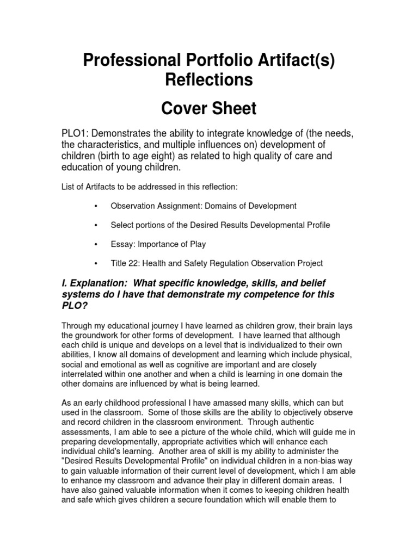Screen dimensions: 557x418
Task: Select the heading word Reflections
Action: click(209, 81)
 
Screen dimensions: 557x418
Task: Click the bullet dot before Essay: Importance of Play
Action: click(95, 244)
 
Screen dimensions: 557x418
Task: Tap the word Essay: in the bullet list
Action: click(124, 244)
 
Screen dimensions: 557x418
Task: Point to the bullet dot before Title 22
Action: click(95, 263)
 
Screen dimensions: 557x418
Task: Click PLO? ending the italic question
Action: click(76, 306)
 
